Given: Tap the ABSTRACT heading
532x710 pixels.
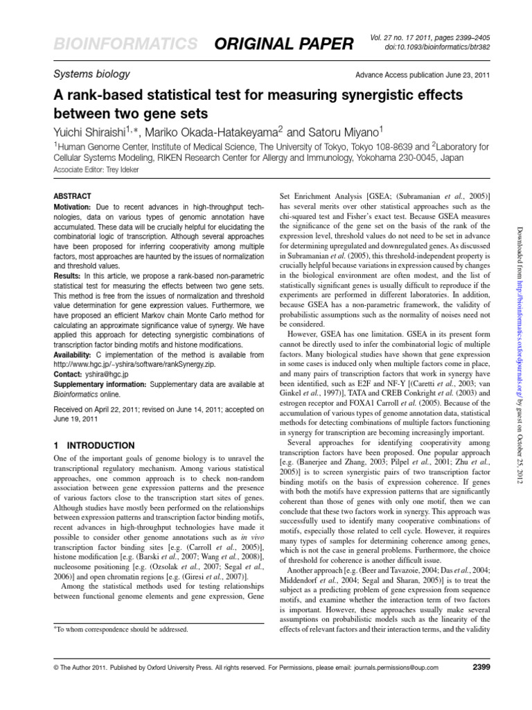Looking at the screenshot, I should pos(72,196).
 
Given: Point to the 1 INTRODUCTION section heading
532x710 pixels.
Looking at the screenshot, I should pos(94,445).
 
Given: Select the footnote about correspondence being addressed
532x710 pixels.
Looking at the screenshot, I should pos(121,629).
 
